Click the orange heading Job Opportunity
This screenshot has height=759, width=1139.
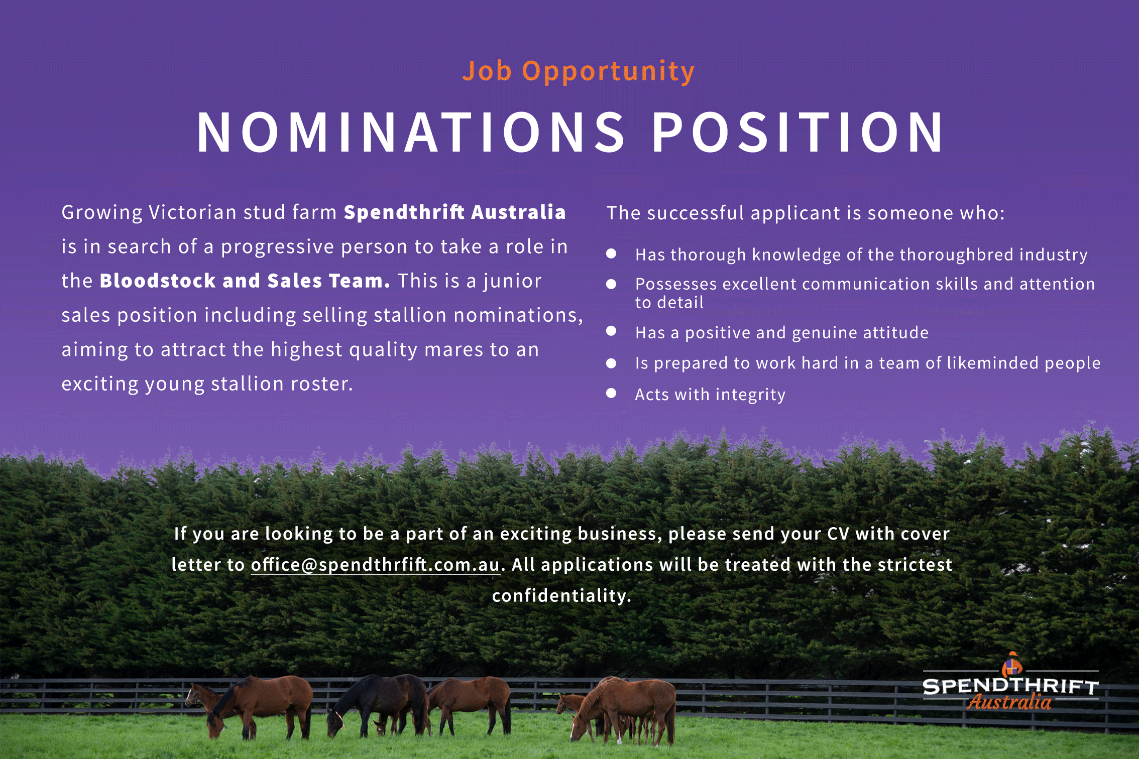(579, 72)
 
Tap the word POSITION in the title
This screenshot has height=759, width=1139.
(798, 132)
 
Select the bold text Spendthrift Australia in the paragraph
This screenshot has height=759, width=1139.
(455, 212)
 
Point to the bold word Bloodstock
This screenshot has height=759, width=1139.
(158, 281)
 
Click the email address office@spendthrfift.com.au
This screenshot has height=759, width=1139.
(375, 565)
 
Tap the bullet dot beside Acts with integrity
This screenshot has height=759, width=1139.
(611, 393)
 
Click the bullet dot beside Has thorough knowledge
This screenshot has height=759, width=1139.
(611, 254)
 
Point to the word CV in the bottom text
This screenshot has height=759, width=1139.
(838, 534)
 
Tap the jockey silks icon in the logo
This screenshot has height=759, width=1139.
(1012, 665)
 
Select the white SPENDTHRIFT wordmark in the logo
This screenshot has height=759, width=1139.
(1010, 686)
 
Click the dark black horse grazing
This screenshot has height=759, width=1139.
(379, 703)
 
